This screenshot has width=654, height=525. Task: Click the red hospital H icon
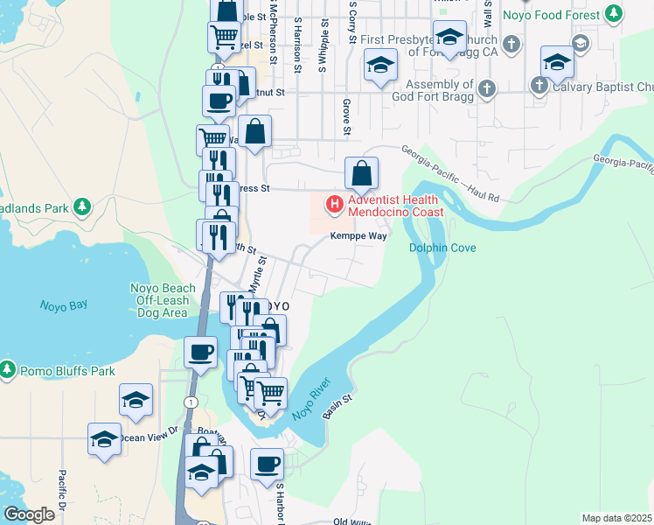click(334, 206)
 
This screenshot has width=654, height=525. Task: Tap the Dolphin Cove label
click(442, 248)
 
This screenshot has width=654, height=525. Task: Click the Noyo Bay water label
click(64, 305)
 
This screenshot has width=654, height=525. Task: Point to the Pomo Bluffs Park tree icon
click(8, 371)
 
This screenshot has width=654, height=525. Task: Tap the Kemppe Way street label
click(358, 235)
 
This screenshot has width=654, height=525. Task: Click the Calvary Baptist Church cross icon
click(539, 86)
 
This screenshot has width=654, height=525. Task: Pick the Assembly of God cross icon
click(487, 88)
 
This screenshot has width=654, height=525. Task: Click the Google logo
click(28, 514)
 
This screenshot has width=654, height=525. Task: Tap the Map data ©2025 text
click(616, 518)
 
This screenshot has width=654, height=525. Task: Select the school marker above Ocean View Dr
click(136, 401)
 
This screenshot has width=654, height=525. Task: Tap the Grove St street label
click(346, 118)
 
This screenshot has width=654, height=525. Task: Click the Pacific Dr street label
click(63, 492)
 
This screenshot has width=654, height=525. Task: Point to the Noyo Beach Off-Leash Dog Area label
click(163, 300)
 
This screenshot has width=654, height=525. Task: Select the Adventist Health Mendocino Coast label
click(396, 206)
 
